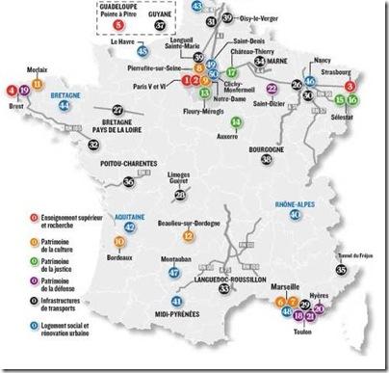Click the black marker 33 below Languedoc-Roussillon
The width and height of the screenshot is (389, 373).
tap(224, 289)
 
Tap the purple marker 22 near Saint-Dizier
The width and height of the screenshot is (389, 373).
tap(272, 115)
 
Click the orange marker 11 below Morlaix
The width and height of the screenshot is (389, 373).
tap(38, 84)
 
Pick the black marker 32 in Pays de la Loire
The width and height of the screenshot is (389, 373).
tap(92, 145)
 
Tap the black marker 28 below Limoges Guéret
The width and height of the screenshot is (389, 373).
tap(179, 197)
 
